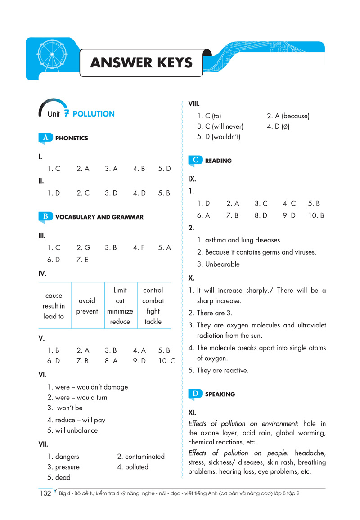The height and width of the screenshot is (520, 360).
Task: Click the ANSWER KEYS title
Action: click(x=141, y=63)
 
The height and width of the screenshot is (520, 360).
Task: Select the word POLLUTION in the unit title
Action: click(x=94, y=114)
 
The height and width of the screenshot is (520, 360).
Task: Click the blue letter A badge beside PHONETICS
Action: click(x=45, y=138)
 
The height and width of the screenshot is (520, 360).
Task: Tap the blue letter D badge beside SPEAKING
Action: click(x=195, y=394)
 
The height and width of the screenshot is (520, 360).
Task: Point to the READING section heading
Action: click(x=218, y=161)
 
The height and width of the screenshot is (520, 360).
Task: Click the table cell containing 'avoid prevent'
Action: click(x=87, y=306)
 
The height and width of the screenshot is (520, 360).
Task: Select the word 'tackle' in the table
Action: click(x=153, y=322)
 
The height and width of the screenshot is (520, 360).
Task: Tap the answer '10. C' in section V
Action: click(x=166, y=361)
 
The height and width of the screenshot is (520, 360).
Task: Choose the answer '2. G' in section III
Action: click(x=83, y=247)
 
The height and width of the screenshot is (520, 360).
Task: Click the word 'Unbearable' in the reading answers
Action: click(x=222, y=264)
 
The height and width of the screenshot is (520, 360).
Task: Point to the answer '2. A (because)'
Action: click(x=288, y=116)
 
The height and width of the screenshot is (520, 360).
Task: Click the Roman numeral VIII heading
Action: click(x=193, y=104)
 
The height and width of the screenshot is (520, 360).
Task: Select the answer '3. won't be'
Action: click(x=65, y=408)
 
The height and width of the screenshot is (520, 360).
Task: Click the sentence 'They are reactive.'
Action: click(x=222, y=371)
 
